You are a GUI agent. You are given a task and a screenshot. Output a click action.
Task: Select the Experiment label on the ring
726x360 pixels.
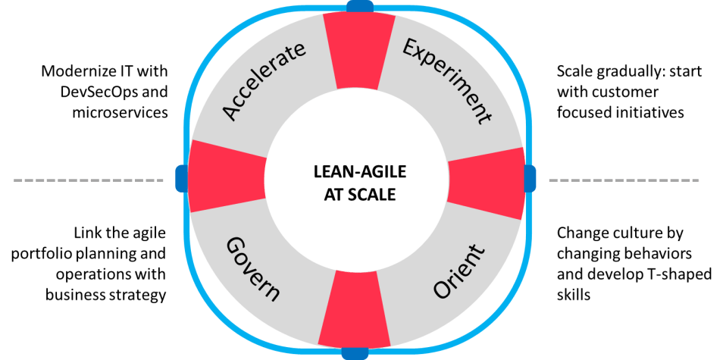(447, 82)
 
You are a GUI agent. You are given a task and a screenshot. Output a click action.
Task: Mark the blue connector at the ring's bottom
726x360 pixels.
(355, 353)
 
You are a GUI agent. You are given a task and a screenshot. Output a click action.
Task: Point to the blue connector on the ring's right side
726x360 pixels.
(530, 177)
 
